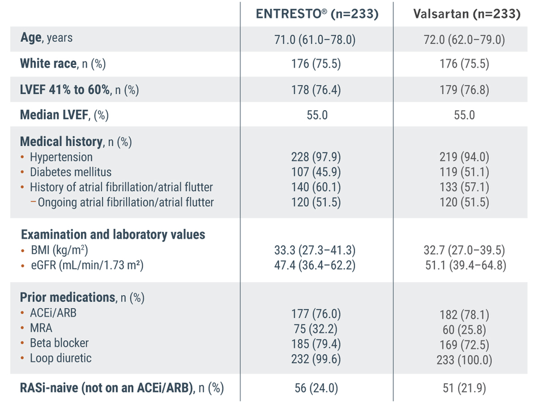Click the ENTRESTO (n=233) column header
point(317,14)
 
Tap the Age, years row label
point(46,38)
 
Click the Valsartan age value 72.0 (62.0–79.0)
point(464,39)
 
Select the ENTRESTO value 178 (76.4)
point(317,90)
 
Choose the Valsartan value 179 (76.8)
point(464,90)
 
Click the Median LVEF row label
point(64,115)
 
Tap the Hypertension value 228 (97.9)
point(317,157)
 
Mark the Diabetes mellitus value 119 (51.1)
point(464,172)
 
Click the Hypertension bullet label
point(61,157)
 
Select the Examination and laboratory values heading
point(113,235)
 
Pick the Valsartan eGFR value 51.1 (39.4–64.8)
point(464,266)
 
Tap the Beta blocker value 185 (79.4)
point(317,344)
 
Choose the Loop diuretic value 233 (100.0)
point(464,360)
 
